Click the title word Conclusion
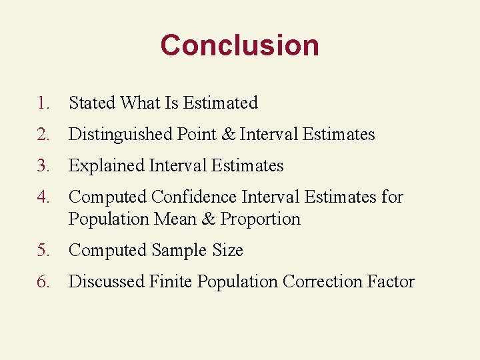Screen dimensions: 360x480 (x=239, y=45)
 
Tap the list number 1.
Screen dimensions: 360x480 (x=43, y=103)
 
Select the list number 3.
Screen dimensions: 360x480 (x=43, y=166)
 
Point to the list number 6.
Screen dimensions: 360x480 (x=43, y=282)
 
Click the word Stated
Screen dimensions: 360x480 (x=92, y=103)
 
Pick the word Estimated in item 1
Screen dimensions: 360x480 (x=221, y=103)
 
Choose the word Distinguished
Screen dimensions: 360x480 (x=121, y=135)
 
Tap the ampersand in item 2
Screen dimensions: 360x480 (x=227, y=135)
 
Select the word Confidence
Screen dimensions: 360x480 (x=194, y=197)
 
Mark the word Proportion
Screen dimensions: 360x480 (x=261, y=219)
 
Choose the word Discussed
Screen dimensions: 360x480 (x=107, y=282)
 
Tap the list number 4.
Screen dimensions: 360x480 (x=43, y=197)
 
